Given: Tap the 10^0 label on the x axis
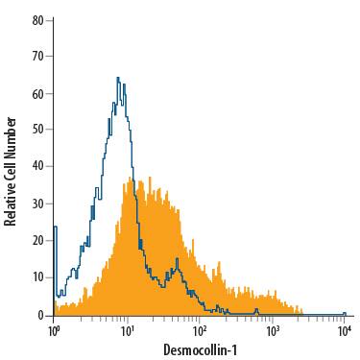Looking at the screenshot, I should [x=54, y=330].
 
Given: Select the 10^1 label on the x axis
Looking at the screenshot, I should [x=127, y=330].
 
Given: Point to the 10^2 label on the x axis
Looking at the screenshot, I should [x=200, y=330].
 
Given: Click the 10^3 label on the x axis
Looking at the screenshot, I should [x=273, y=330].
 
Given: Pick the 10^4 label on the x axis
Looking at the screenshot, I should [x=345, y=330].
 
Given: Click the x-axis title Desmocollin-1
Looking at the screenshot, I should [x=200, y=349].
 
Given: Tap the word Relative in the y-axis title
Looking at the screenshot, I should [x=11, y=198].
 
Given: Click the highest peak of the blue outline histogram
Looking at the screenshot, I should [x=117, y=78].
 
